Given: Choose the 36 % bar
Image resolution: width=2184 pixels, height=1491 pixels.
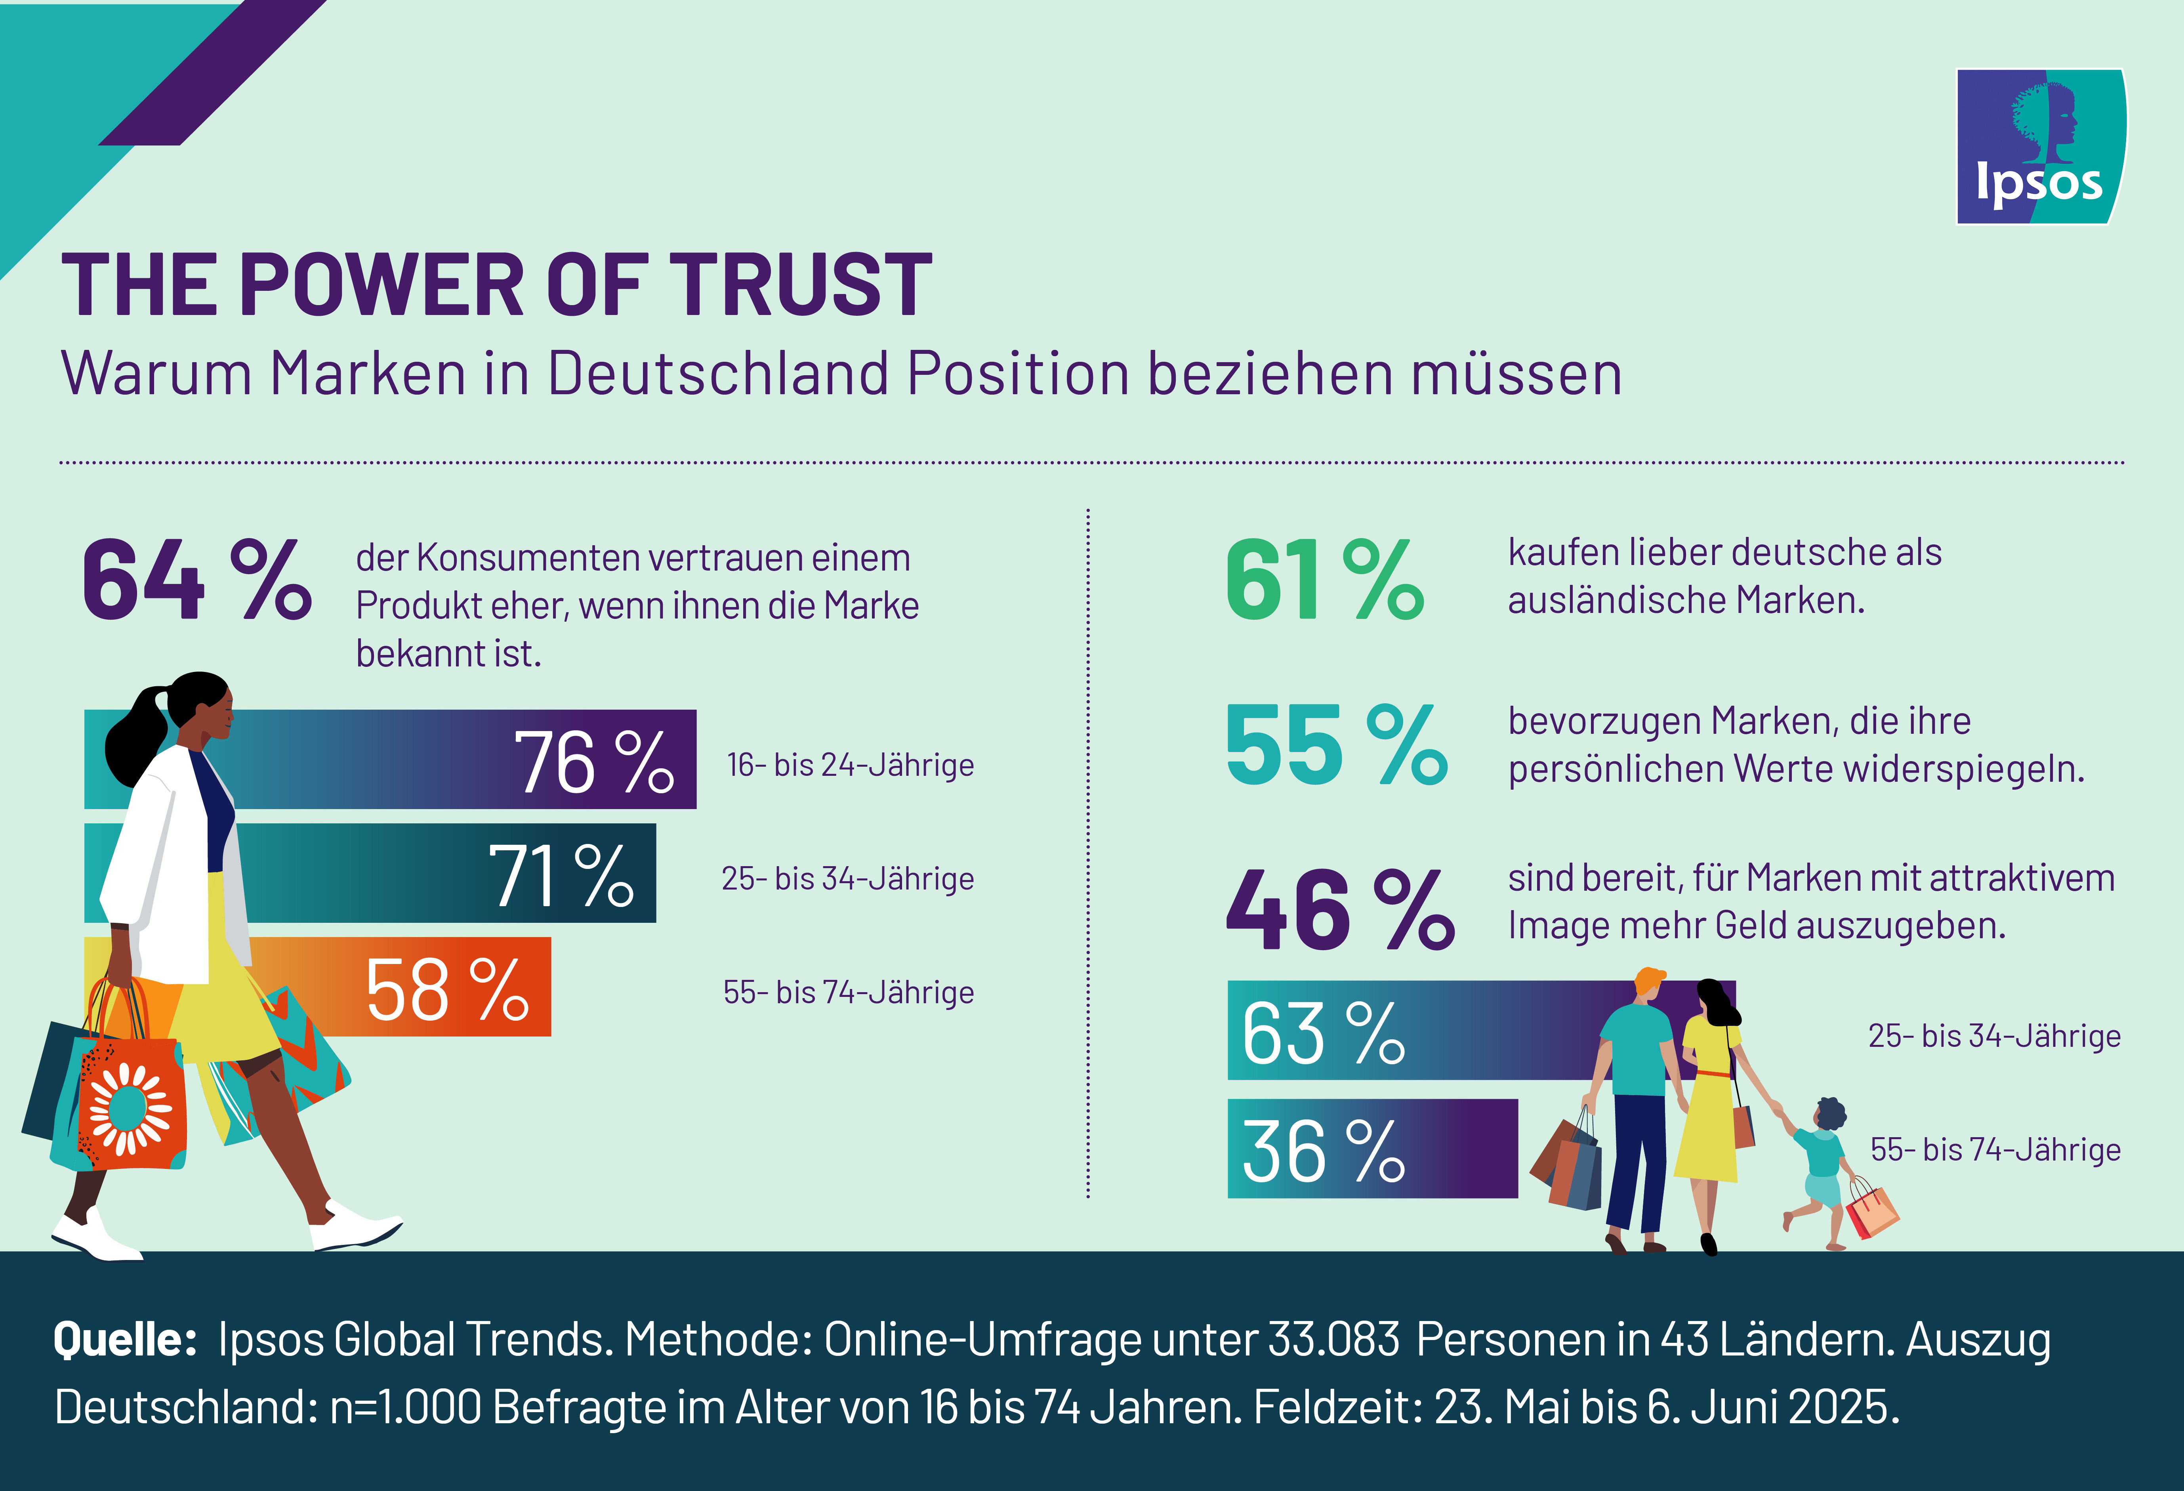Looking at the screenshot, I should (1372, 1149).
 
